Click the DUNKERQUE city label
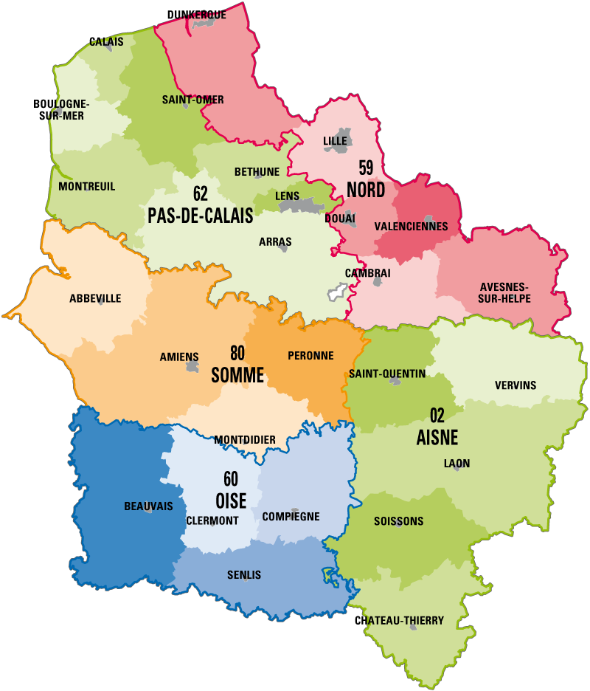click(197, 15)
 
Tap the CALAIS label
click(106, 42)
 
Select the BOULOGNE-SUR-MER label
click(61, 110)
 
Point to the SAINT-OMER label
click(192, 100)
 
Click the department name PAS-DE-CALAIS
click(200, 216)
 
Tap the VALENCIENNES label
click(411, 226)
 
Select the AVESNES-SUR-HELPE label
click(505, 292)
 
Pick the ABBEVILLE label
click(95, 298)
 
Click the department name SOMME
click(237, 375)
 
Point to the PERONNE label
click(310, 355)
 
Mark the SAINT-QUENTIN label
click(387, 374)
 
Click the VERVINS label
click(516, 385)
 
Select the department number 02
click(438, 415)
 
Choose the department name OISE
click(231, 501)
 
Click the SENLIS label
click(244, 575)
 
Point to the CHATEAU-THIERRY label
click(400, 621)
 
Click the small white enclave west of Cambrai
click(337, 293)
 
